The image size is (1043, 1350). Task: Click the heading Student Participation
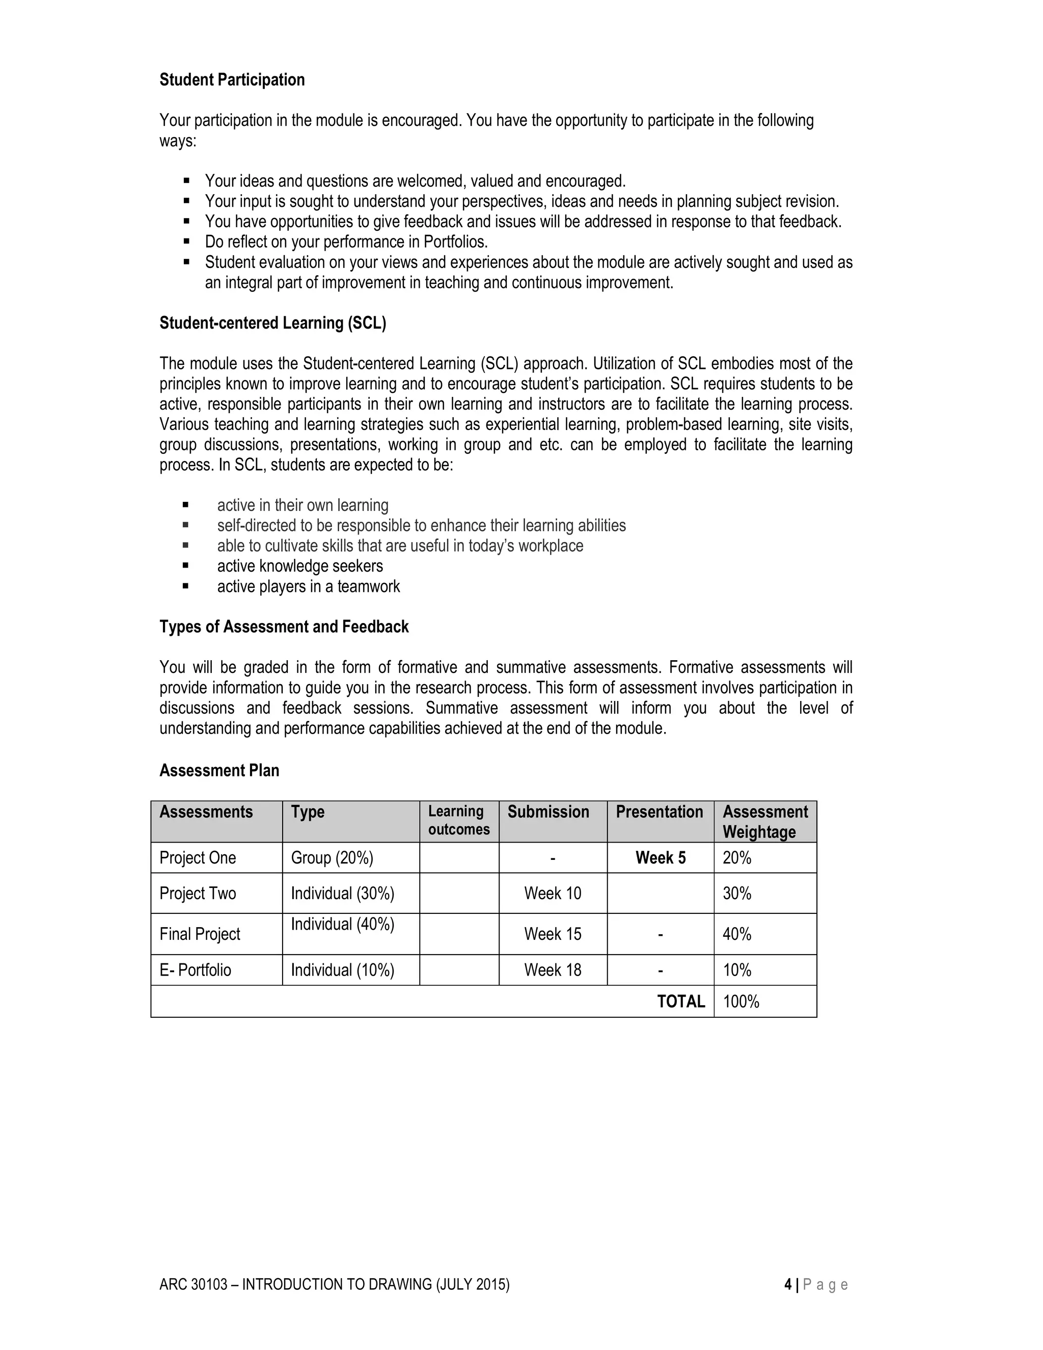coord(232,80)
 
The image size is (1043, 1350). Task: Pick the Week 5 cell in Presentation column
coord(660,858)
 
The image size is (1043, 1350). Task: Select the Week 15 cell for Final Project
coord(553,934)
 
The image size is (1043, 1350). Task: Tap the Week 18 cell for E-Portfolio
coord(553,970)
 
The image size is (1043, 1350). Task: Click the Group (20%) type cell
coord(332,858)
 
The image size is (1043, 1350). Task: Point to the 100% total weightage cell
coord(741,1002)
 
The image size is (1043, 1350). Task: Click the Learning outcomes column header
coord(458,820)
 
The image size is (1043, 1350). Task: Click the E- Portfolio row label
coord(195,970)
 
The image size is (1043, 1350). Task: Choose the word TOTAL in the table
coord(681,1002)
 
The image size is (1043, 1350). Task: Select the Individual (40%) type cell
coord(342,924)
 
